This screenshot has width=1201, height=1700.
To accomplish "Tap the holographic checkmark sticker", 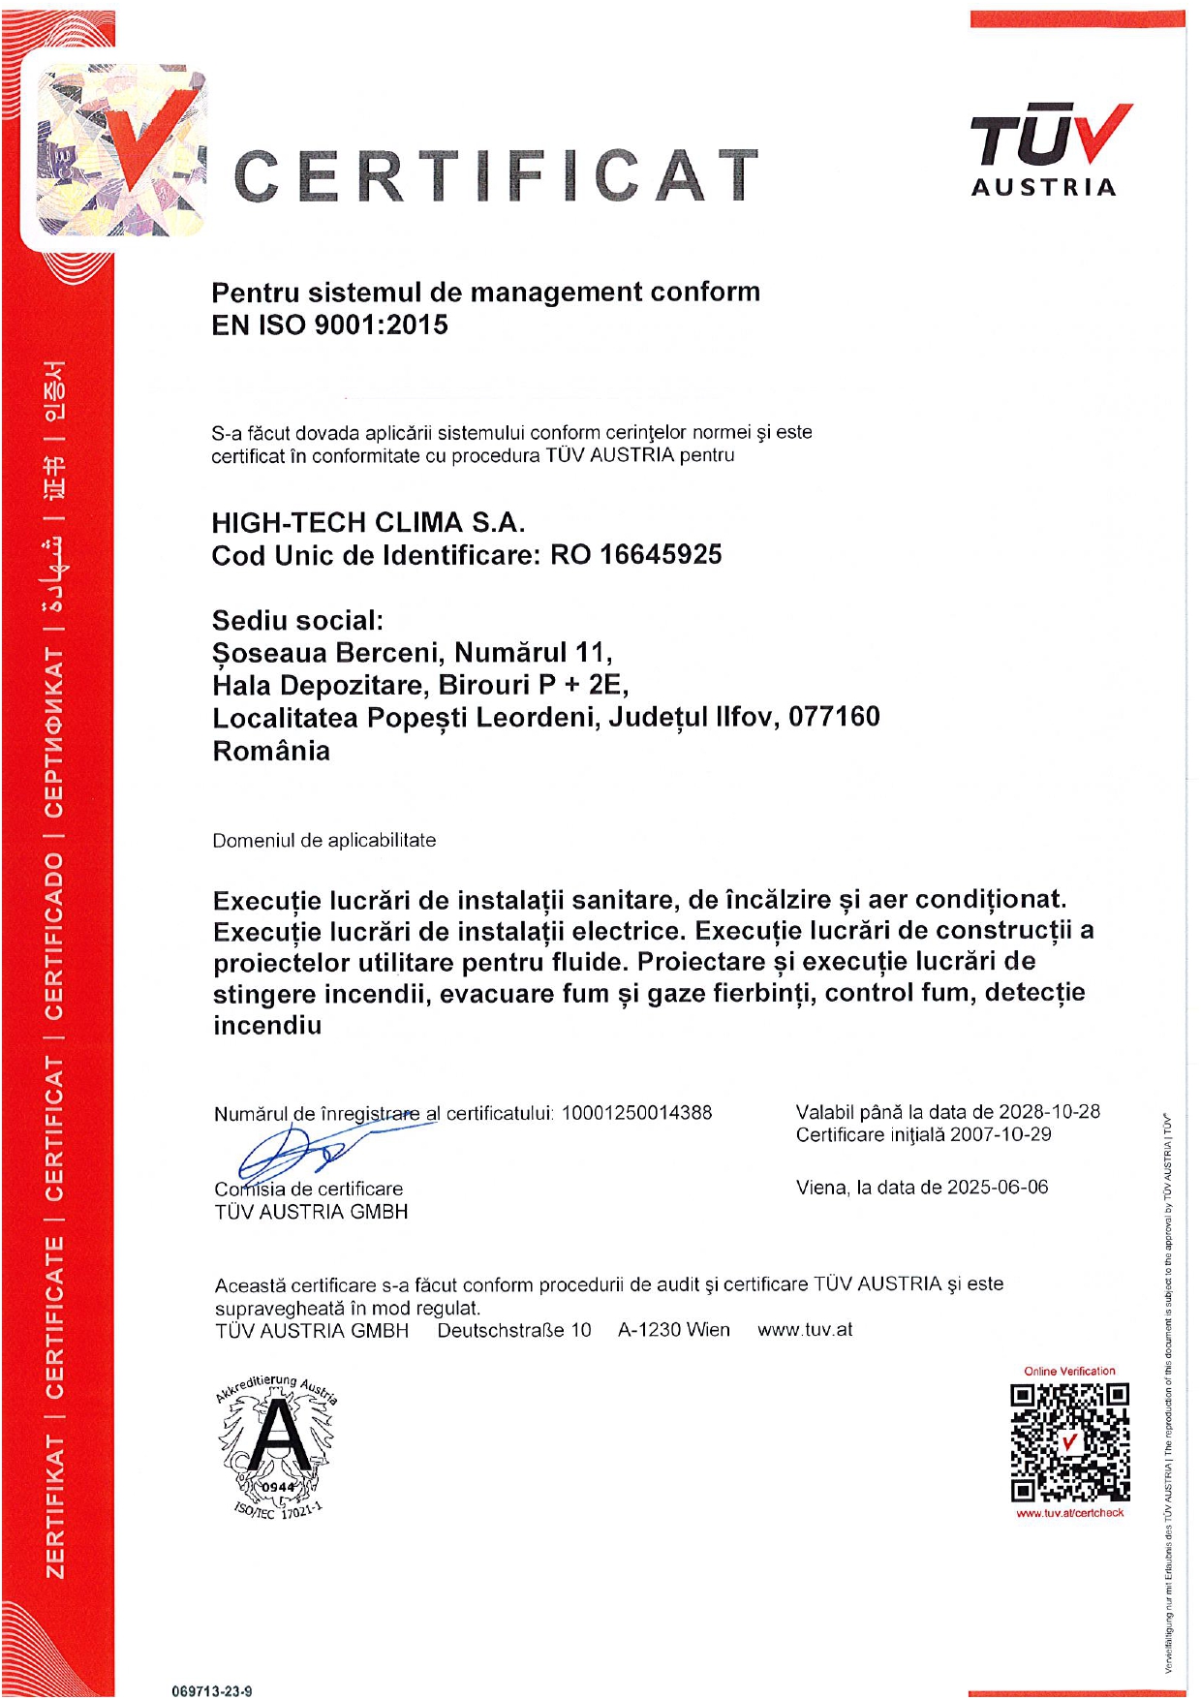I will tap(121, 150).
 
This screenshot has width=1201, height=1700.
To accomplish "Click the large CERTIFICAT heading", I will tap(497, 175).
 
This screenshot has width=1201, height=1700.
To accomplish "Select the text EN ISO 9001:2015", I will tap(329, 325).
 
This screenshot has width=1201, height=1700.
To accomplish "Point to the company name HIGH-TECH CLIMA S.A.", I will tap(368, 523).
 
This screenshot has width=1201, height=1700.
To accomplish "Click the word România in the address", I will tap(271, 751).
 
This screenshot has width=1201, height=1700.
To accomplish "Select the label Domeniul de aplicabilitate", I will tap(324, 840).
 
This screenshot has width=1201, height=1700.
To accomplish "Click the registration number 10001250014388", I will tap(636, 1113).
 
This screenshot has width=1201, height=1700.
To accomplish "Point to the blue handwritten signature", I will tap(300, 1153).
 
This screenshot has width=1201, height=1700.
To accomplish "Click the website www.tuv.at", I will tap(805, 1330).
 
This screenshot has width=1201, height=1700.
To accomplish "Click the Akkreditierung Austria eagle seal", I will tap(277, 1445).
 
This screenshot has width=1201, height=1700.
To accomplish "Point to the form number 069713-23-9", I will tap(212, 1691).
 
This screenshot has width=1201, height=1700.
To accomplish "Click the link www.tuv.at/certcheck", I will tap(1069, 1513).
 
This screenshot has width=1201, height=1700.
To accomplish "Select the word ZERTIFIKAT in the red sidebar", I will tap(55, 1507).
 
